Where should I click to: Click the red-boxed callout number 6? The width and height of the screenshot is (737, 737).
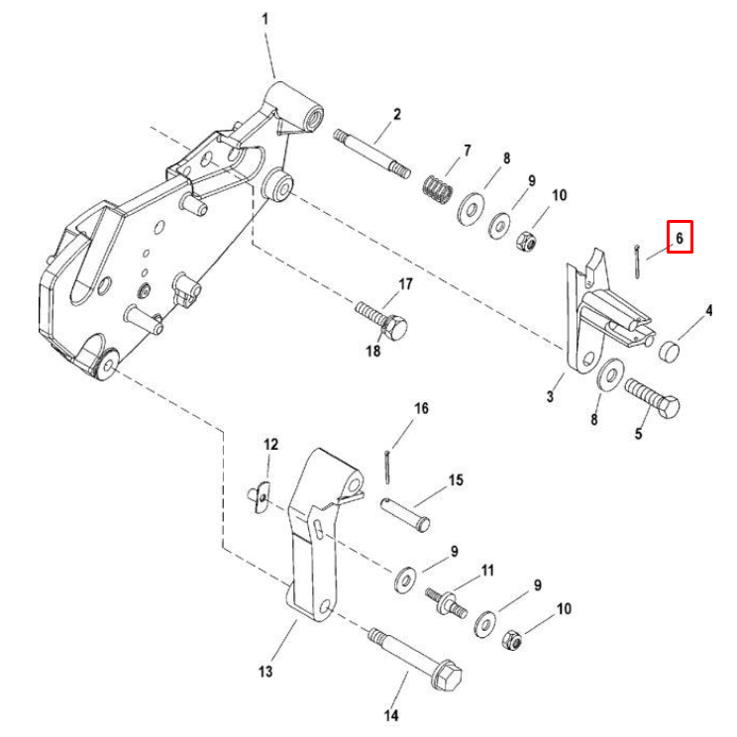point(680,239)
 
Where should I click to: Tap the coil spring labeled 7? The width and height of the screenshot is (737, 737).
point(438,190)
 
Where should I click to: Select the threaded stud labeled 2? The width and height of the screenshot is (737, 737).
point(372,155)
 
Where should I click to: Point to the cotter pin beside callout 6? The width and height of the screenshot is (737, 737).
point(636,262)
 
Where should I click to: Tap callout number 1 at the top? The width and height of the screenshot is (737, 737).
point(265,19)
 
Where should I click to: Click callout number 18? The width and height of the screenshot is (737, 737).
point(373,351)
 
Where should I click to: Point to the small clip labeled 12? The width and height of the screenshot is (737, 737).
point(259,497)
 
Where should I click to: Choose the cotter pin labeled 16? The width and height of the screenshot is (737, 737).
point(387,467)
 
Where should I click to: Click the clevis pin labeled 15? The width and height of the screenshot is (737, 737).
point(405,515)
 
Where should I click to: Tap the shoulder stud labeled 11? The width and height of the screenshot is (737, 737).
point(447,602)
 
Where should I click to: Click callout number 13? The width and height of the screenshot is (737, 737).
point(265,672)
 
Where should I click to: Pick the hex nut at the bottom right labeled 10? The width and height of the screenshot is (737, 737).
point(512,640)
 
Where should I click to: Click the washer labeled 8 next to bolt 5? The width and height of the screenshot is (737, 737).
point(610,374)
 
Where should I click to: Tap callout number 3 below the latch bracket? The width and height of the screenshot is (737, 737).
point(551,396)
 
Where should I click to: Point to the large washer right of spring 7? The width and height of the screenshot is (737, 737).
point(471,209)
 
